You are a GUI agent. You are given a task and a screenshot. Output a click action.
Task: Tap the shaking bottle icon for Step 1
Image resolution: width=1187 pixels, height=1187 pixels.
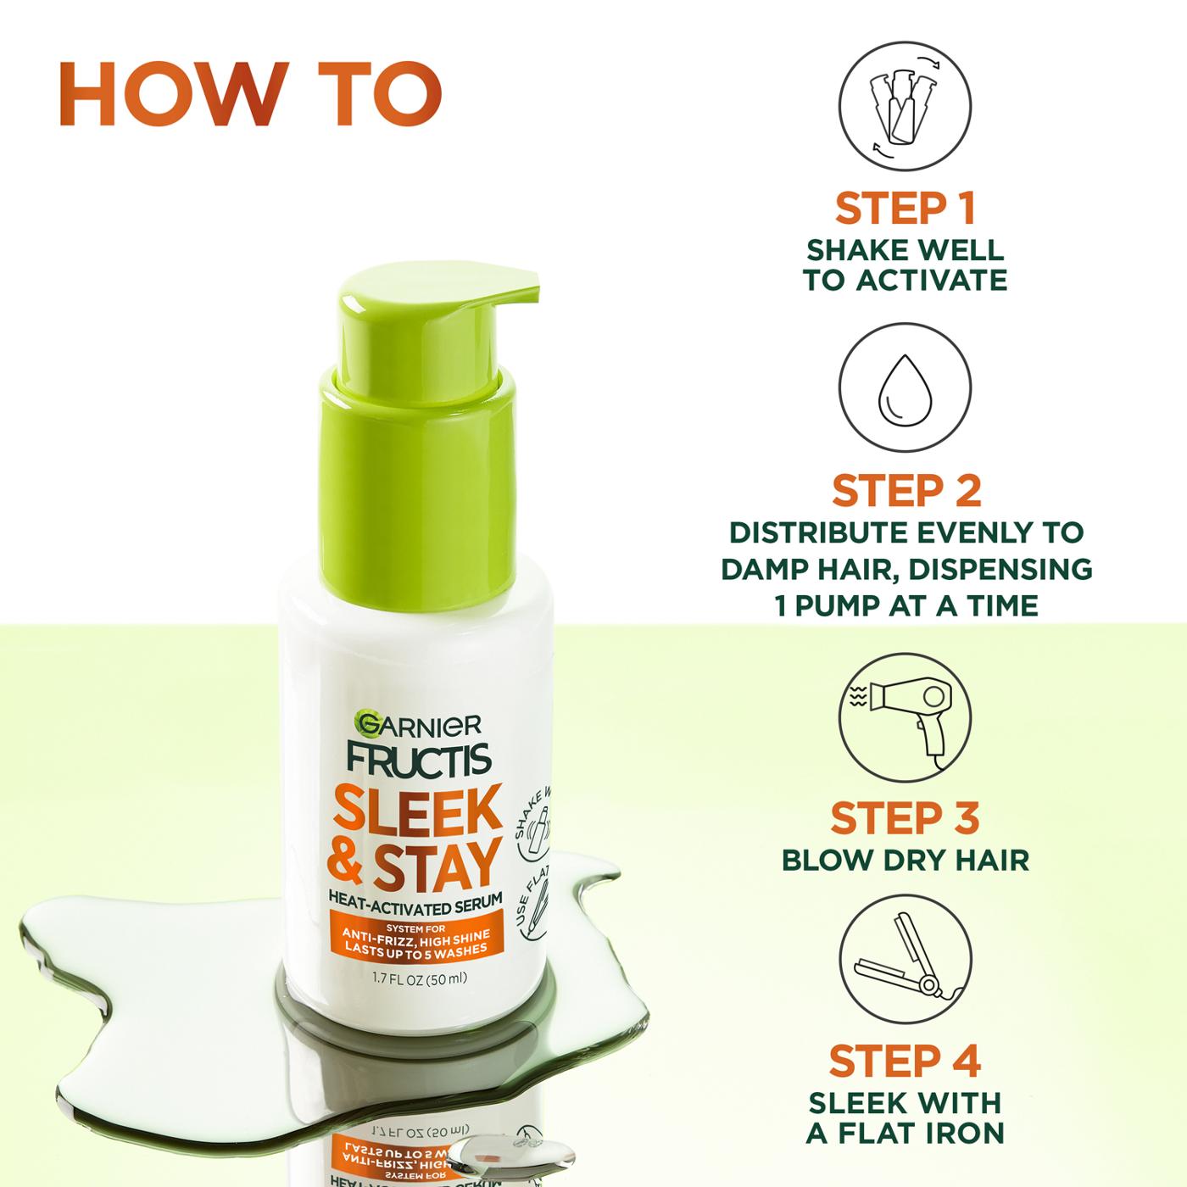(905, 108)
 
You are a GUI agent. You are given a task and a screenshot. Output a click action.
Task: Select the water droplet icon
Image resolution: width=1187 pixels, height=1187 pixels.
(905, 392)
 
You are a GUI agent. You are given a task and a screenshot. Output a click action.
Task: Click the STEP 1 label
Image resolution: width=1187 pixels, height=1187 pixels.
(905, 209)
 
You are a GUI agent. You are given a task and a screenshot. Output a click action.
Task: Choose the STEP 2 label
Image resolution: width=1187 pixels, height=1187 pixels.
(906, 491)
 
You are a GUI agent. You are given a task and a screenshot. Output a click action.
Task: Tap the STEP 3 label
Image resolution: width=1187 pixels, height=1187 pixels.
(905, 817)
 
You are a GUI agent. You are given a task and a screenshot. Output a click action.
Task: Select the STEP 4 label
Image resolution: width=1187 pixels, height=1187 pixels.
(905, 1061)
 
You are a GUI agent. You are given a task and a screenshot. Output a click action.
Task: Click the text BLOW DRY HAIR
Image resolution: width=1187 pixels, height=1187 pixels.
(905, 860)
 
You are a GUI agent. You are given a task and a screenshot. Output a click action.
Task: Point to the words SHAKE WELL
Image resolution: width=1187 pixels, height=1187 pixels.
(905, 250)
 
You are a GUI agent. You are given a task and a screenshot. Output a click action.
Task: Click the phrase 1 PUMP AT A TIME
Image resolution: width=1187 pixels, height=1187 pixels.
(906, 605)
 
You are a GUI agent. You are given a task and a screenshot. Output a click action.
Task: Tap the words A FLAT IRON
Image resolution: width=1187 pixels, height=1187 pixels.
(905, 1132)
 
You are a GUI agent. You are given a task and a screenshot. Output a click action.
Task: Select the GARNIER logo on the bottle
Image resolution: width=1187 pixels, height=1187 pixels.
(419, 723)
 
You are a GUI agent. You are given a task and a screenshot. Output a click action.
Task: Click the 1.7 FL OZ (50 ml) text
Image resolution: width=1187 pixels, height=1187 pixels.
(420, 978)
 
